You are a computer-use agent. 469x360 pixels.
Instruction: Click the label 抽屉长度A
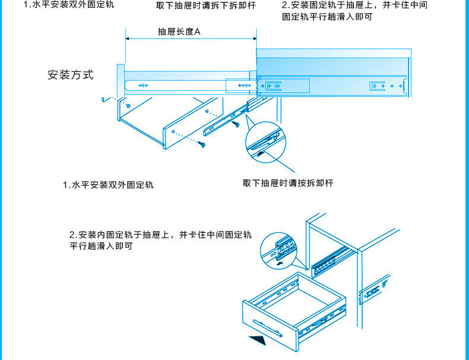179,31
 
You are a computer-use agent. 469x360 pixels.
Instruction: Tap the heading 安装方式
71,75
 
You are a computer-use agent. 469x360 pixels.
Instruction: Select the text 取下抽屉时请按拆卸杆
288,183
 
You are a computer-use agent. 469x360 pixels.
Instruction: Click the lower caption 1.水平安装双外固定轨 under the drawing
108,185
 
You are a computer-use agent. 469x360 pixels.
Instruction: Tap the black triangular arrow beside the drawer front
256,342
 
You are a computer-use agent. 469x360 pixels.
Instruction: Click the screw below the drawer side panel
204,144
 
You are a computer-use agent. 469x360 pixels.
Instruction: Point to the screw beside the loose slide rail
237,125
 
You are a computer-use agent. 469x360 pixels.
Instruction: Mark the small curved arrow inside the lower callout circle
280,262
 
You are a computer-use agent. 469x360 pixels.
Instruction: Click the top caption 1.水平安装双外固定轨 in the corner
69,5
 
